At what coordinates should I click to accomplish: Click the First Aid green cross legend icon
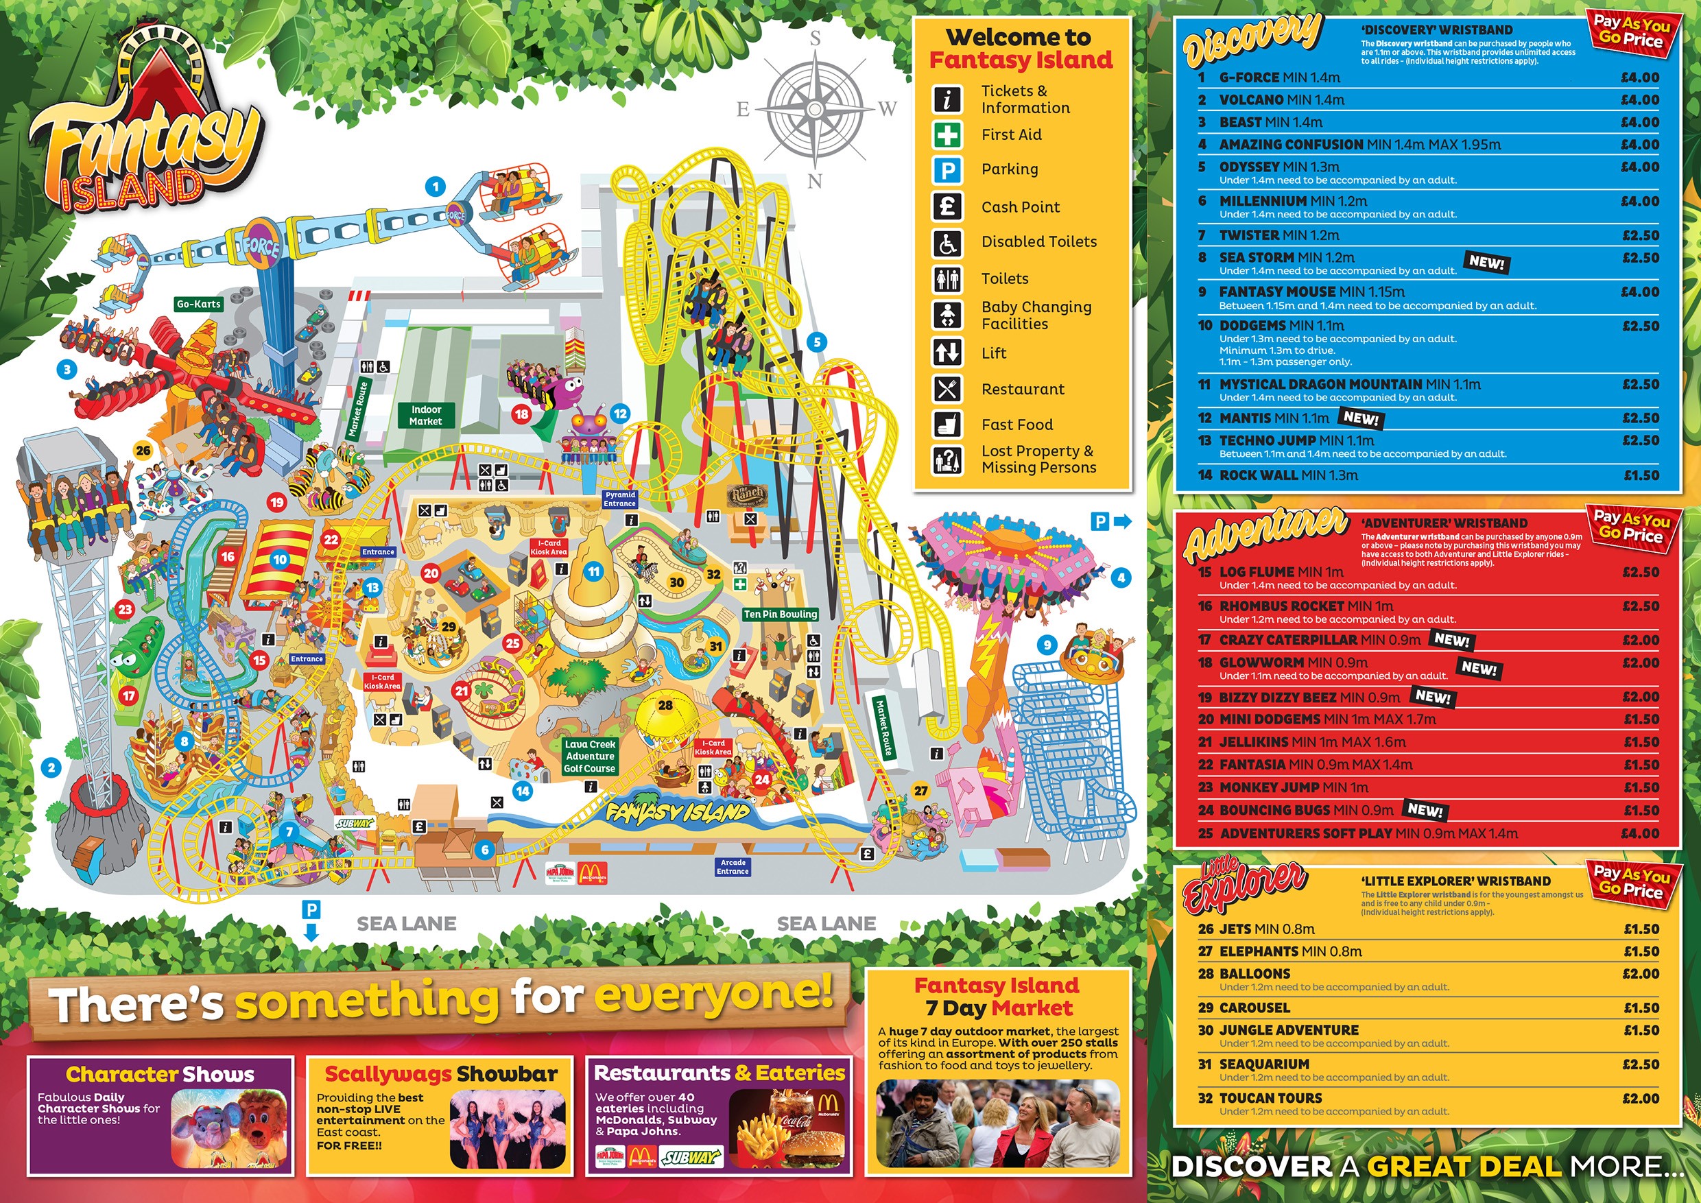tap(947, 135)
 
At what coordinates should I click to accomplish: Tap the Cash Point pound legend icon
tap(947, 206)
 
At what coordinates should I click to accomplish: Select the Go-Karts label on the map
tap(198, 304)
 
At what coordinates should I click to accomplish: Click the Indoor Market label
tap(426, 416)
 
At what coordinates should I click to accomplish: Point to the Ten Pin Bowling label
tap(780, 614)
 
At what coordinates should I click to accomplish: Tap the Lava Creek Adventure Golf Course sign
tap(590, 757)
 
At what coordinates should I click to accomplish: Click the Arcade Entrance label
tap(733, 867)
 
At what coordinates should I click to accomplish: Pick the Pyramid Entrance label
tap(620, 499)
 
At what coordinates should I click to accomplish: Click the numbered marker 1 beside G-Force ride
tap(436, 187)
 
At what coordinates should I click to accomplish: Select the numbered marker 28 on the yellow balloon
tap(665, 705)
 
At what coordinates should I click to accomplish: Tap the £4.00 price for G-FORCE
tap(1639, 77)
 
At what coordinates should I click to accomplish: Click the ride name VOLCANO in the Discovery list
tap(1251, 100)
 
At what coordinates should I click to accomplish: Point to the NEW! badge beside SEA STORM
tap(1486, 262)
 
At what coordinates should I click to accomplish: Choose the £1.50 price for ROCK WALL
tap(1641, 475)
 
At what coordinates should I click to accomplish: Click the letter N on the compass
tap(815, 181)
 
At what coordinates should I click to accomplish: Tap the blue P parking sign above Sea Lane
tap(312, 909)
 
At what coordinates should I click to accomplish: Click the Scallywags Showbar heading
tap(441, 1074)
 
